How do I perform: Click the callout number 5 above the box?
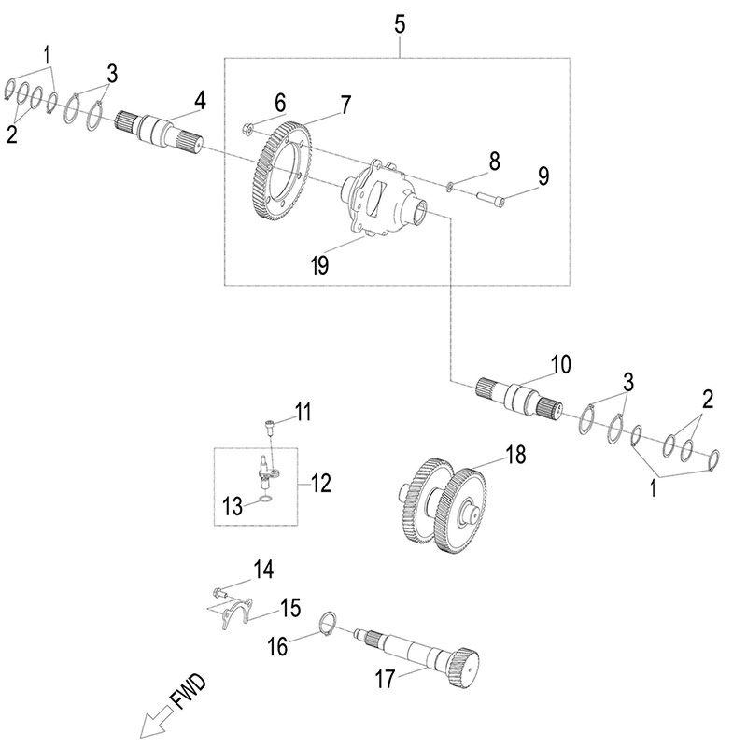click(399, 24)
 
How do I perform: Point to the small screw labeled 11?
click(269, 425)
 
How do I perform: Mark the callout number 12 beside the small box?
click(320, 483)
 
